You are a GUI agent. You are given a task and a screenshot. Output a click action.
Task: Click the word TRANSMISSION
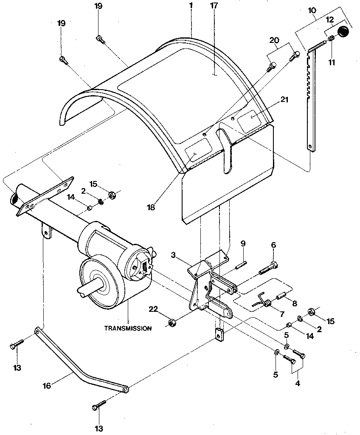coord(128,328)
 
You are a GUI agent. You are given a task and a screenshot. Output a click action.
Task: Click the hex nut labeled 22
coord(172,323)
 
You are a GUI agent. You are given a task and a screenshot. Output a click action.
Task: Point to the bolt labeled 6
coord(267,268)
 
